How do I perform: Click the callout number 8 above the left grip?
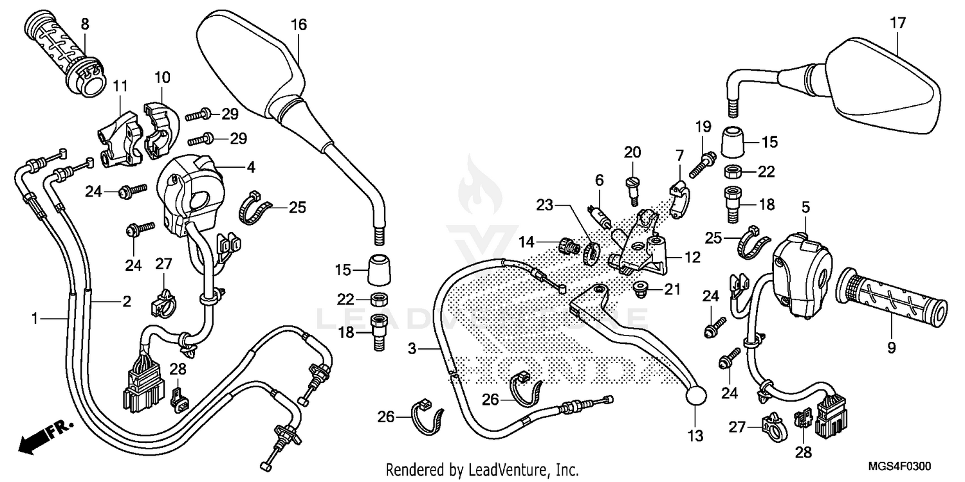coord(85,24)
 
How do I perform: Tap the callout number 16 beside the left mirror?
coord(299,25)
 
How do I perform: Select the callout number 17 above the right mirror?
coord(897,24)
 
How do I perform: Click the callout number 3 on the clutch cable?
coord(412,348)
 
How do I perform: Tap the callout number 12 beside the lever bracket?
coord(692,258)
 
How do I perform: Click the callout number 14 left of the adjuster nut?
coord(527,242)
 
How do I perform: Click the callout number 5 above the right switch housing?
coord(805,207)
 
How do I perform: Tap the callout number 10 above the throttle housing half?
coord(162,78)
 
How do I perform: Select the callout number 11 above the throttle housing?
coord(120,85)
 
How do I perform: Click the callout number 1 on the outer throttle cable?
coord(37,317)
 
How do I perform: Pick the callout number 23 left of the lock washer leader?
coord(545,205)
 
